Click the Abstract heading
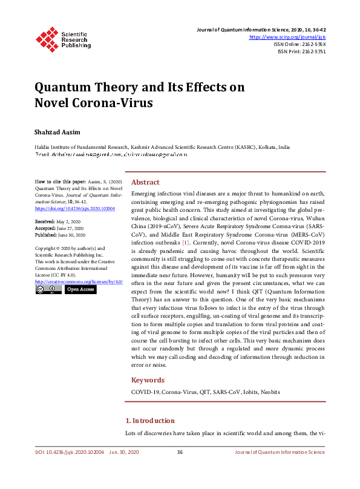[145, 182]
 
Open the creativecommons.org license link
[79, 281]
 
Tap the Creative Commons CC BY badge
[48, 289]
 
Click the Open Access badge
[80, 289]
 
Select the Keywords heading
[148, 380]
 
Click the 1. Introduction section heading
[149, 421]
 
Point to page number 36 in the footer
[180, 452]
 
